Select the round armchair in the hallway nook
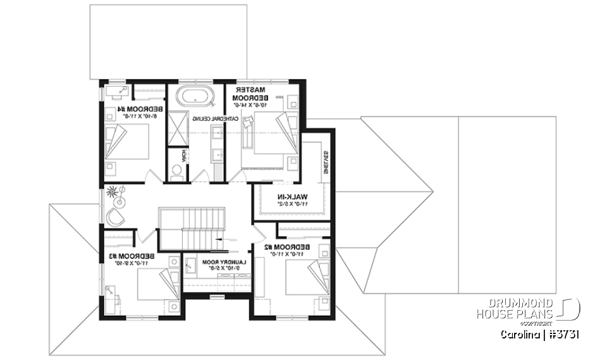(x=116, y=216)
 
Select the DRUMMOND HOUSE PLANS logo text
(x=517, y=309)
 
